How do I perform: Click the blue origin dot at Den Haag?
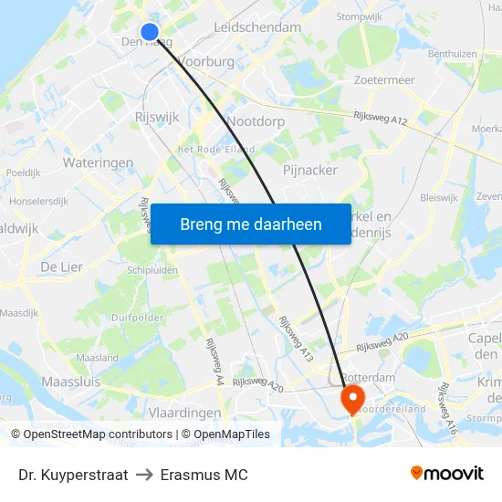[x=150, y=32]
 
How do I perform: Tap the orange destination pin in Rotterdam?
[x=351, y=397]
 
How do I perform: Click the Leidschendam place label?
[x=257, y=27]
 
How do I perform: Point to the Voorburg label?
[x=207, y=61]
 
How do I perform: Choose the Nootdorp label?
[x=256, y=120]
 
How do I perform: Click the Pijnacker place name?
[x=310, y=170]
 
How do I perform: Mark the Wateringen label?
[x=98, y=162]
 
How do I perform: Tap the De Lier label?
[x=62, y=266]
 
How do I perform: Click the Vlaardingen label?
[x=185, y=413]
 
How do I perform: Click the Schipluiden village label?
[x=152, y=270]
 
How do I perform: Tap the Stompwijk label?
[x=359, y=16]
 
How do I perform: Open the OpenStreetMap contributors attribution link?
[x=98, y=434]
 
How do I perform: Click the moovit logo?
[x=446, y=474]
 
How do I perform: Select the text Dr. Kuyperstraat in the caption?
[x=73, y=475]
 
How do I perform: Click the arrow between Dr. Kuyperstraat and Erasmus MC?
[x=144, y=475]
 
